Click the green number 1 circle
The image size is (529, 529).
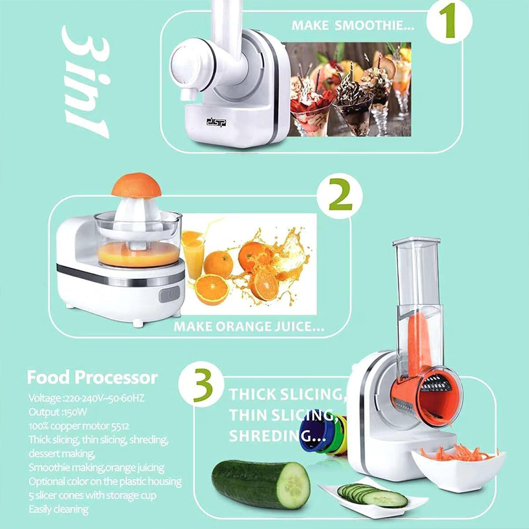tap(449, 22)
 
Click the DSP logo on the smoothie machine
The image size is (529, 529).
tap(216, 122)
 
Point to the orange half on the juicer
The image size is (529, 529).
tap(136, 185)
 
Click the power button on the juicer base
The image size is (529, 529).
tap(169, 294)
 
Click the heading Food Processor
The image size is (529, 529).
tap(92, 378)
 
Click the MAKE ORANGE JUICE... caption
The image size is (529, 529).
tap(249, 326)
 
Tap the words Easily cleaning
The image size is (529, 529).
tap(59, 509)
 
